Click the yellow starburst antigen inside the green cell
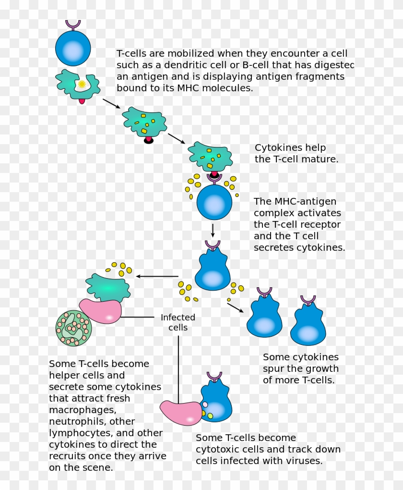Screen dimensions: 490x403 tap(82, 84)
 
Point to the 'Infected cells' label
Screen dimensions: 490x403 tap(178, 322)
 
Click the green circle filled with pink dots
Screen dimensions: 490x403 tap(74, 328)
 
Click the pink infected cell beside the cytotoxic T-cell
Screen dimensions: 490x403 tap(181, 413)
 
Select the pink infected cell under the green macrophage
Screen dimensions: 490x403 tap(101, 311)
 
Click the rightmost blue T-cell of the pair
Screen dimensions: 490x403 tap(308, 324)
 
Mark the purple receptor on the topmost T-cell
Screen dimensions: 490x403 tap(73, 24)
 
